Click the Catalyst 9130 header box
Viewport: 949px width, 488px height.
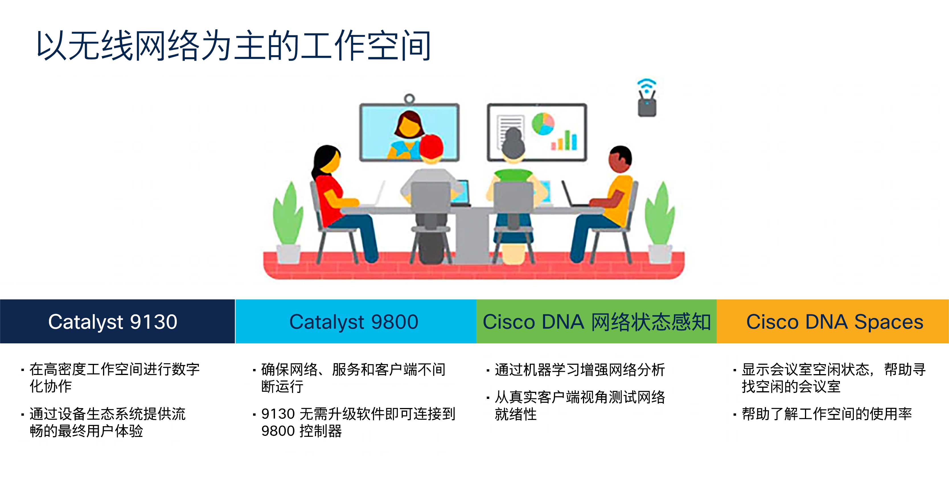pyautogui.click(x=117, y=321)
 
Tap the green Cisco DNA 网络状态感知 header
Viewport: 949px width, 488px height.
pyautogui.click(x=596, y=321)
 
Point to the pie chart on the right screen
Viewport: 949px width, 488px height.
pyautogui.click(x=543, y=124)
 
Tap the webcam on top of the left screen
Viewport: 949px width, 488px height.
pyautogui.click(x=409, y=99)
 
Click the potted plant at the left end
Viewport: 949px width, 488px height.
pyautogui.click(x=288, y=221)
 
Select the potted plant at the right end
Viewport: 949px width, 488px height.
pyautogui.click(x=660, y=221)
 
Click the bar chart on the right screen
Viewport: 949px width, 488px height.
pyautogui.click(x=564, y=141)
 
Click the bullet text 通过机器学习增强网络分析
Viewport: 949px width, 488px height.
pyautogui.click(x=580, y=370)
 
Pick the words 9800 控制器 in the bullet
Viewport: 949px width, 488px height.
pyautogui.click(x=301, y=431)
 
